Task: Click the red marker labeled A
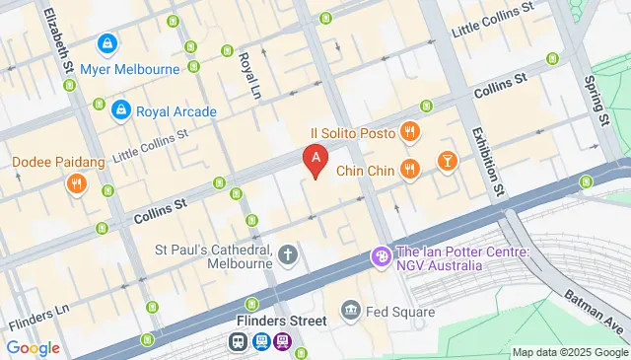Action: pos(315,158)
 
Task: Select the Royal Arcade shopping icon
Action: pos(120,110)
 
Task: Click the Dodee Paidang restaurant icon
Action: pos(75,183)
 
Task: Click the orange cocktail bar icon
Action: pos(448,160)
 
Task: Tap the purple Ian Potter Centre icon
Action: pos(380,256)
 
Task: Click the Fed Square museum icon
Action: pos(351,313)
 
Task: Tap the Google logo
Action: pos(34,347)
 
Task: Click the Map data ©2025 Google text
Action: pos(569,352)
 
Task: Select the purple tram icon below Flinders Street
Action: pos(283,341)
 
